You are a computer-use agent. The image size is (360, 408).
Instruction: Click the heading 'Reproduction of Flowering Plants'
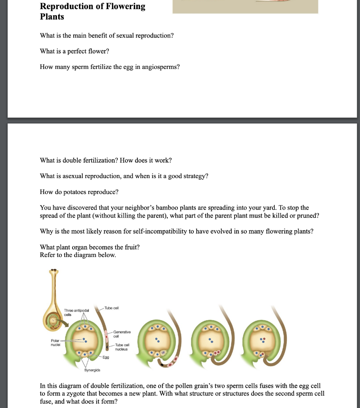(92, 12)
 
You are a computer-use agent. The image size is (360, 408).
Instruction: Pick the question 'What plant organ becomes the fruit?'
(90, 247)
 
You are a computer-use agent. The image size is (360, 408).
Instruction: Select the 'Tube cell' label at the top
(112, 308)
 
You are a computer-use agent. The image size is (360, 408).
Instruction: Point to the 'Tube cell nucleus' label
(121, 347)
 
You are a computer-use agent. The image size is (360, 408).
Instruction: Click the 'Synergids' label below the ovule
(92, 371)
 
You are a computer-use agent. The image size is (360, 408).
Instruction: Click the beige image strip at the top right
(245, 7)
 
